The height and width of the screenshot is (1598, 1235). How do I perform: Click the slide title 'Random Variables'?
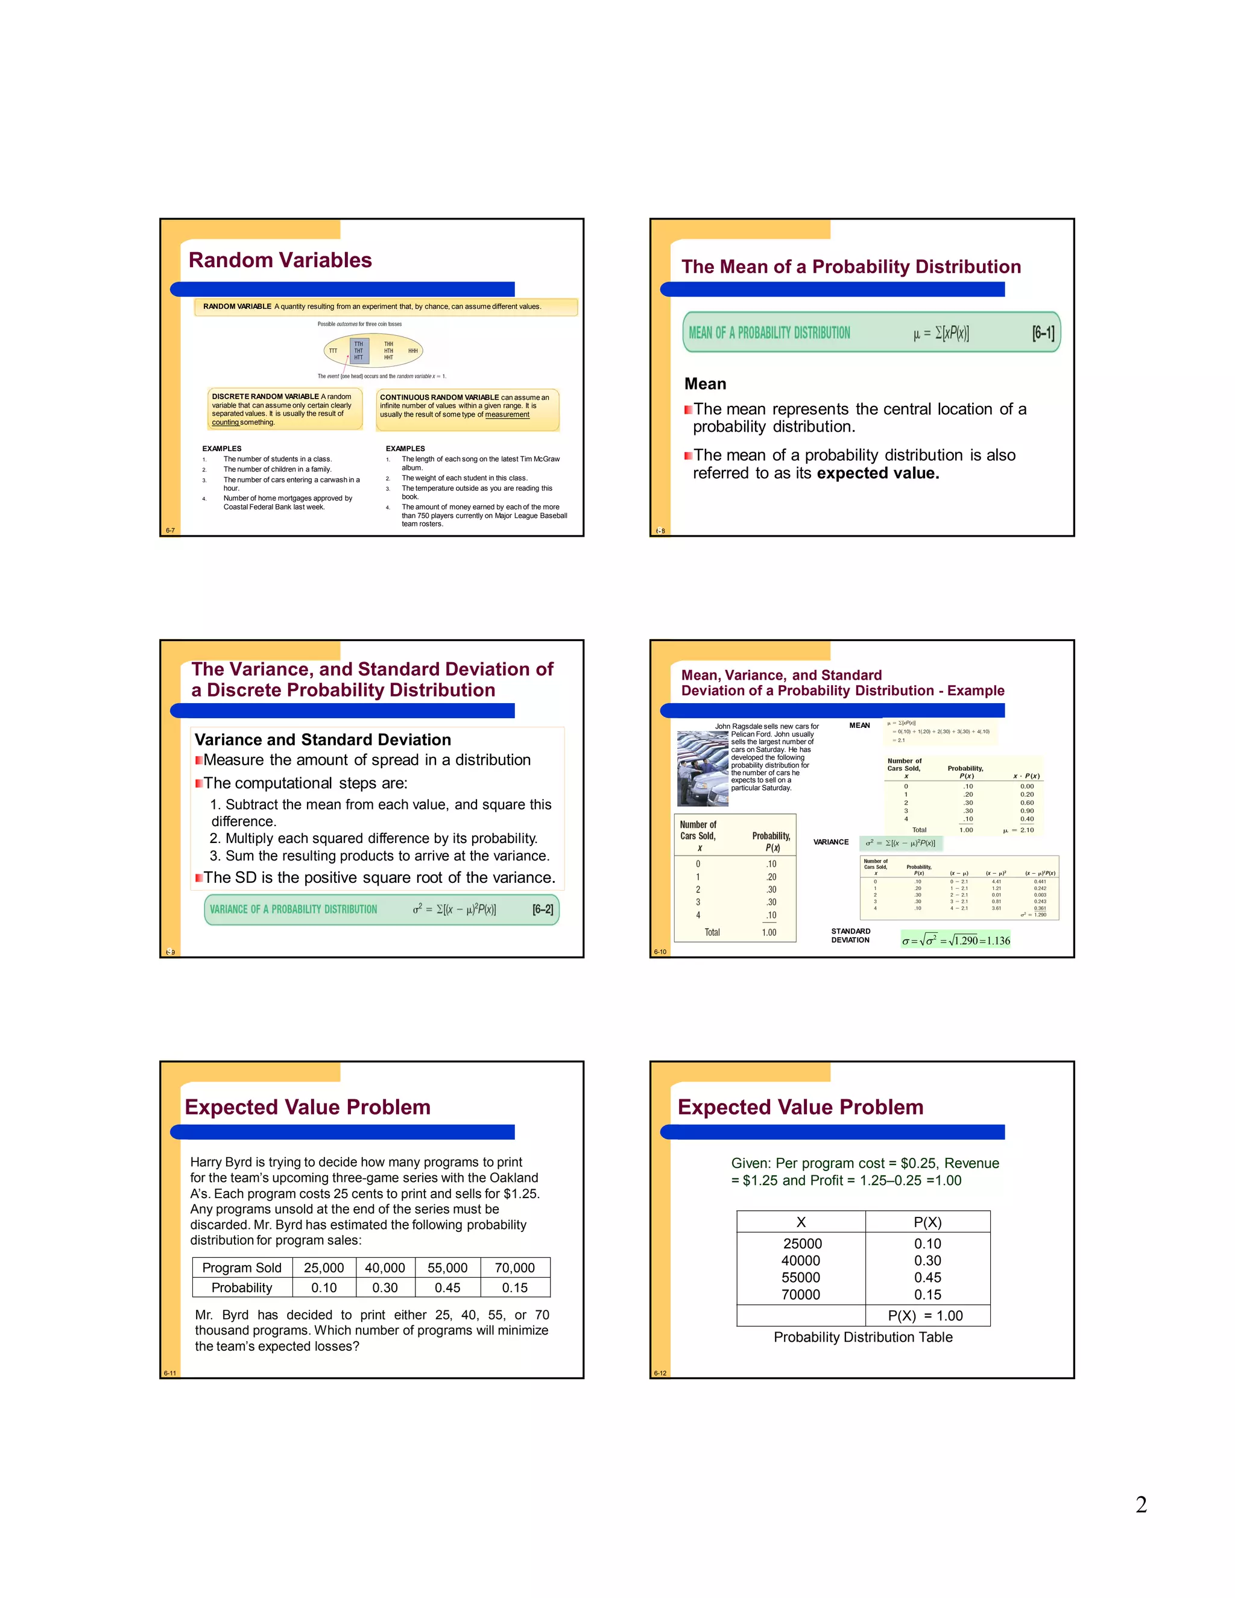tap(280, 260)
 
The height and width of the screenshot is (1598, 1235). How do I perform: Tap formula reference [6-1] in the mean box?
tap(1043, 333)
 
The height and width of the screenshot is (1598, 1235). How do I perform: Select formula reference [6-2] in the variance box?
tap(542, 909)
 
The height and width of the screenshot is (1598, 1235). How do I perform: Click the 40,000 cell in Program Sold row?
tap(385, 1268)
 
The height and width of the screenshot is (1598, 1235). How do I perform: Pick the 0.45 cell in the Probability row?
tap(447, 1288)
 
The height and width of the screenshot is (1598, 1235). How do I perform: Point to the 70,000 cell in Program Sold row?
tap(514, 1268)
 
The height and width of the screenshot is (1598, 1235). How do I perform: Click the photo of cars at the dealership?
tap(703, 768)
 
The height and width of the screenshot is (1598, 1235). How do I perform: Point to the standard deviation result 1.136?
tap(998, 940)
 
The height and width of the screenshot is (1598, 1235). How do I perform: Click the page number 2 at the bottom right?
tap(1140, 1505)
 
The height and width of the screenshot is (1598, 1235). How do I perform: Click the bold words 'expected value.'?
tap(878, 473)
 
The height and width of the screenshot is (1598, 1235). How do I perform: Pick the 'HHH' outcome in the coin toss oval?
tap(412, 351)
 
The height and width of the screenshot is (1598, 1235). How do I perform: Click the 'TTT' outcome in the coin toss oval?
tap(333, 351)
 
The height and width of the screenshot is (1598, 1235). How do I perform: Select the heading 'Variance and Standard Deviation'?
tap(323, 740)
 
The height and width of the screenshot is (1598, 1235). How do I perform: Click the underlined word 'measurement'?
tap(507, 415)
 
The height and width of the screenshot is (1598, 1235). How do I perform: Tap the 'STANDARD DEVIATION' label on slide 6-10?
tap(850, 936)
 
